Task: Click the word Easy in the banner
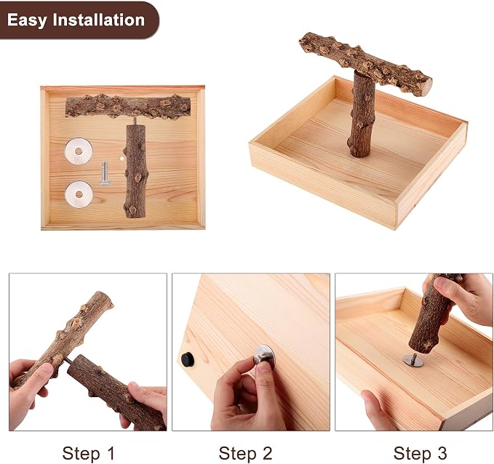(x=27, y=20)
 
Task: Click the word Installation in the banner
(x=99, y=20)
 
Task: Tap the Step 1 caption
(x=89, y=454)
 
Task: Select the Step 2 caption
(x=245, y=454)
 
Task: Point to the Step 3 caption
(x=421, y=454)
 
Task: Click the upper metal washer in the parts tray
(x=79, y=151)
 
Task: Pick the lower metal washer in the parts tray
(x=79, y=194)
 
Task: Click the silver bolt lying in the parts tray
(x=105, y=173)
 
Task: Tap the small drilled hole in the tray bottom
(x=121, y=159)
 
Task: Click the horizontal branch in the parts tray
(x=128, y=106)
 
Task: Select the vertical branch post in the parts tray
(x=135, y=171)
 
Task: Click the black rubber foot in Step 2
(x=188, y=359)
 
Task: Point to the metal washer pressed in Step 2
(x=265, y=355)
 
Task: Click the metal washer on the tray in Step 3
(x=413, y=360)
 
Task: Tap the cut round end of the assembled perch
(x=427, y=87)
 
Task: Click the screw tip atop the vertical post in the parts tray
(x=135, y=121)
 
